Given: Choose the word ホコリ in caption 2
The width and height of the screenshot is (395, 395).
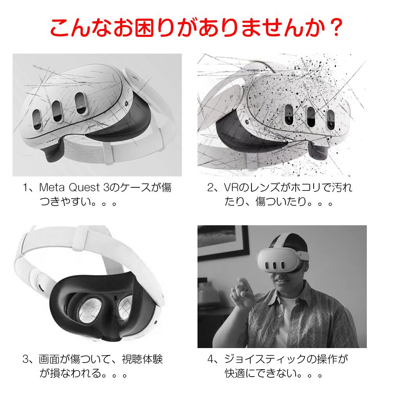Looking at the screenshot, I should pos(307,187).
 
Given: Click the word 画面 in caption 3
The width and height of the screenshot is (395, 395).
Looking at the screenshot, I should pos(49,359).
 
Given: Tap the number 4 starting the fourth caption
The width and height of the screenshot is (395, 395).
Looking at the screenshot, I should pos(211,359).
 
